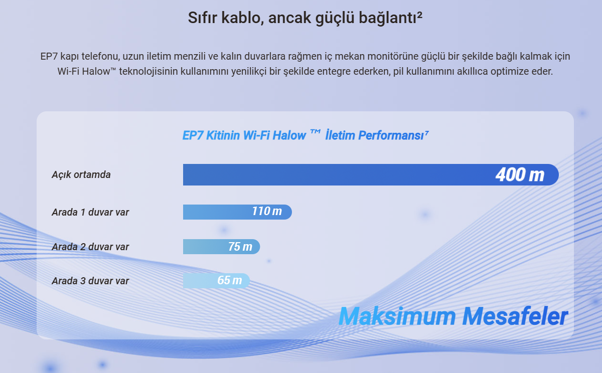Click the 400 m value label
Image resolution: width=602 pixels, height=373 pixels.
(x=520, y=175)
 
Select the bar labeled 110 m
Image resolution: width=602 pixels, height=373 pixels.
(x=237, y=212)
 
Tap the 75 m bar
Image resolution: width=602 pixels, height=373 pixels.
(x=221, y=247)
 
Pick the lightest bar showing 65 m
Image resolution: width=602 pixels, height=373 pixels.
(x=216, y=281)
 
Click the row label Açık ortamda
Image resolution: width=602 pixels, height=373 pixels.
(x=81, y=175)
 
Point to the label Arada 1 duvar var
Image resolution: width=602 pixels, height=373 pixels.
(x=90, y=212)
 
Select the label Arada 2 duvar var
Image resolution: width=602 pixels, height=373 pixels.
(x=90, y=247)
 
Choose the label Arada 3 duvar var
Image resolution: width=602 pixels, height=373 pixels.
(x=90, y=281)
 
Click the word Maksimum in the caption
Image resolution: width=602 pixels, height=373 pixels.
(x=397, y=316)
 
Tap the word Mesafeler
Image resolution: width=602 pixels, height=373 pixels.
(x=515, y=316)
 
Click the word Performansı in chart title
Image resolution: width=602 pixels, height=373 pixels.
(x=391, y=135)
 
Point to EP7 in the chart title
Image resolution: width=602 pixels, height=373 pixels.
(x=192, y=135)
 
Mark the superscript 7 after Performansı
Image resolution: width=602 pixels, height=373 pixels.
(x=427, y=132)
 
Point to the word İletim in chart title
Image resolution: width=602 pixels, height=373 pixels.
(x=340, y=135)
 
